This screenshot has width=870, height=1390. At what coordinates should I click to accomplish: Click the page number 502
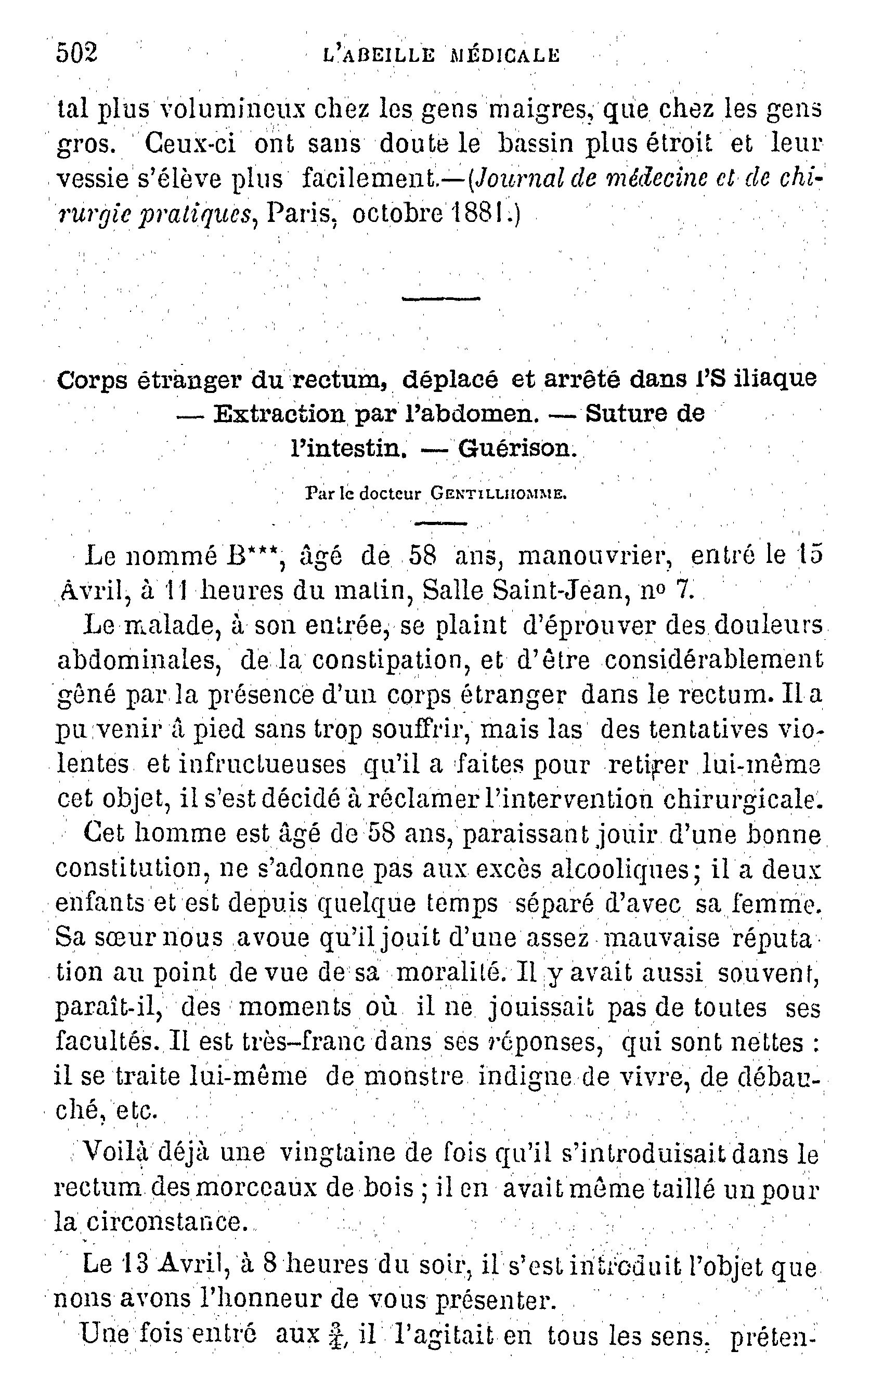coord(77,54)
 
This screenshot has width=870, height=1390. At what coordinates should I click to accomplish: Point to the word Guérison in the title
coord(516,448)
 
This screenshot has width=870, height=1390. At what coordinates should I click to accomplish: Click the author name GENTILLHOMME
coord(498,494)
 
